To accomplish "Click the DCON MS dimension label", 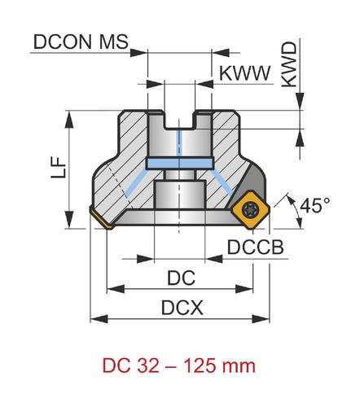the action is coord(81,42).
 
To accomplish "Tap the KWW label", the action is coord(244,73).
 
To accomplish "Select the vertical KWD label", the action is coord(289,64).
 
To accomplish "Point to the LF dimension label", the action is coord(59,168).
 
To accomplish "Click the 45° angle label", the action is coord(315,205).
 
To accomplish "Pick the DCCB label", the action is coord(255,247).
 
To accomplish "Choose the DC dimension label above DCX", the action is coord(181,278).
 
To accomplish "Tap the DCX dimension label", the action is coord(182,308).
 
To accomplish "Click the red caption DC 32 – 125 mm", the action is coord(179,365).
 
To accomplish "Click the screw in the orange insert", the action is coord(249,210).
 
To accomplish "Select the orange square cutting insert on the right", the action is coord(250,210).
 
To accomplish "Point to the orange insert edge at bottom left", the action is coord(101,218).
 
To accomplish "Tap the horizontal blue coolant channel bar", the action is coord(179,163).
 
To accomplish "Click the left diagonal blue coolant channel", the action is coord(137,182).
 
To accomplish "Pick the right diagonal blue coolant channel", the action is coord(222,182).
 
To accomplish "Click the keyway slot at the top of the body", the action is coord(179,120).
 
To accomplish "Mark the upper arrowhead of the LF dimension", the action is coord(69,120).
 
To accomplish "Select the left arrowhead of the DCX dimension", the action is coord(99,319).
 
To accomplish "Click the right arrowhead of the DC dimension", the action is coord(244,289).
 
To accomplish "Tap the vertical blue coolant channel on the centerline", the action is coord(179,143).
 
